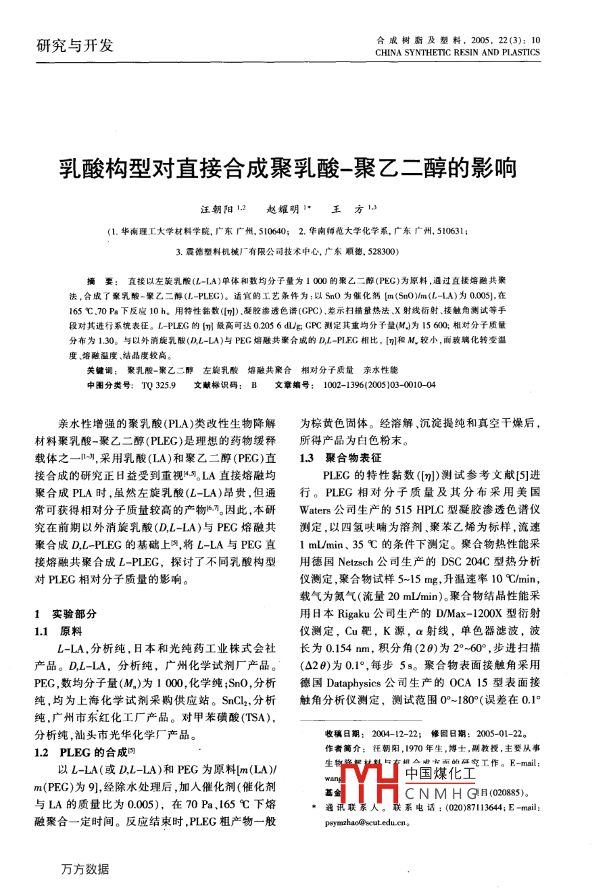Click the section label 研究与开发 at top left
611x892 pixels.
pyautogui.click(x=74, y=46)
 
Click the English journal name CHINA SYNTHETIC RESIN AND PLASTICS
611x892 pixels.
pyautogui.click(x=457, y=52)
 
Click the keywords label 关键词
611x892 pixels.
pyautogui.click(x=103, y=370)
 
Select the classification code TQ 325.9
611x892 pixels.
pyautogui.click(x=159, y=385)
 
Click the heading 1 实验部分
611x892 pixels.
pyautogui.click(x=66, y=614)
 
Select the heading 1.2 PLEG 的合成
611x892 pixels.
pyautogui.click(x=84, y=752)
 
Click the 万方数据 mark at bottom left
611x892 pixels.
pyautogui.click(x=84, y=870)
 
